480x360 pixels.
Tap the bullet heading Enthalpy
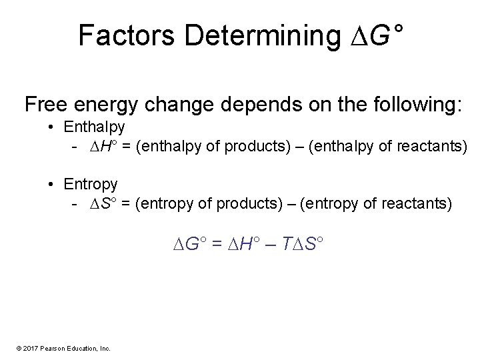click(94, 126)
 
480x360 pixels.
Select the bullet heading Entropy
click(91, 184)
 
